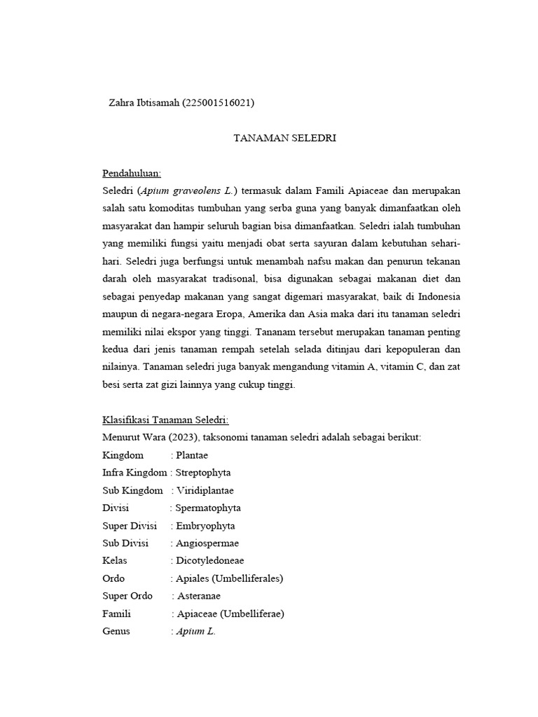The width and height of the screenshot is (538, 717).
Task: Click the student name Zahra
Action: (x=123, y=103)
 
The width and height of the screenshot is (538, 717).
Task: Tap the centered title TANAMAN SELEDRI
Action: (x=284, y=138)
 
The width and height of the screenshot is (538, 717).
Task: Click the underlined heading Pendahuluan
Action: (x=132, y=173)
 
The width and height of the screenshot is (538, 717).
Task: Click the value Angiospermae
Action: (x=207, y=543)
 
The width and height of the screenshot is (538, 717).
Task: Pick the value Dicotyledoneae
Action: (x=209, y=560)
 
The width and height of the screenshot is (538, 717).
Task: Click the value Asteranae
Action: (x=201, y=596)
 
